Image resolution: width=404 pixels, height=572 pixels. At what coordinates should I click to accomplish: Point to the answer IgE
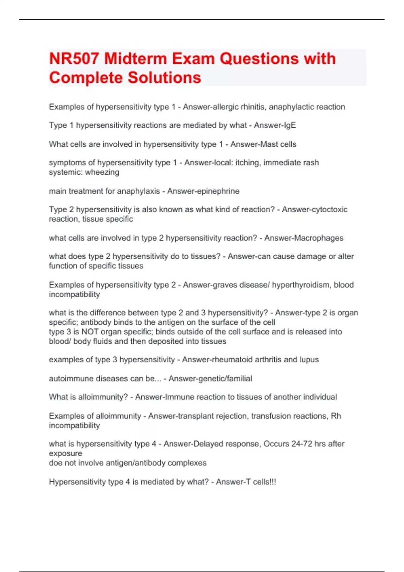point(289,126)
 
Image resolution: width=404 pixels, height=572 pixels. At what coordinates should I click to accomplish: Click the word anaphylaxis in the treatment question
point(138,191)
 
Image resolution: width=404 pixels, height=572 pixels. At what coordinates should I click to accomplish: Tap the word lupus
point(309,360)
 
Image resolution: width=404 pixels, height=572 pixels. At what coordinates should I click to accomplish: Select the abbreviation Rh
point(336,416)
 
